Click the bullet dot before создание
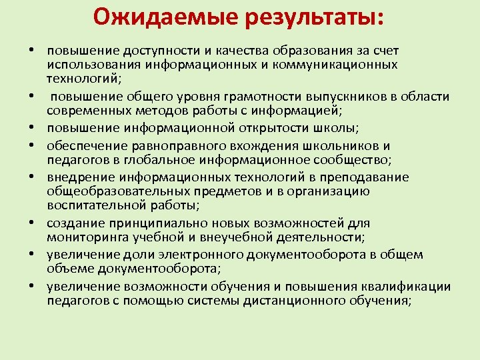(32, 224)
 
